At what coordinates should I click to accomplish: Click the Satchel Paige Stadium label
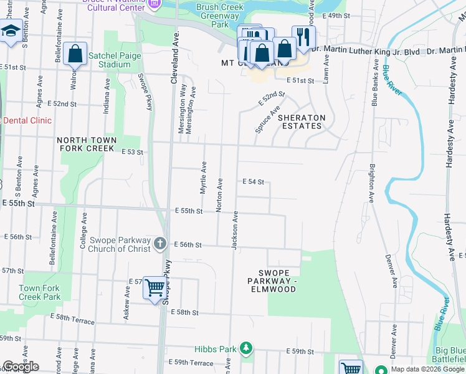coord(114,60)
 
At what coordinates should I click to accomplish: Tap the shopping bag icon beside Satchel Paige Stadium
coord(75,54)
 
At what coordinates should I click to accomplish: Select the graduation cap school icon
coord(11,31)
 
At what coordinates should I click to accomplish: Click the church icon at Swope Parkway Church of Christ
coord(159,244)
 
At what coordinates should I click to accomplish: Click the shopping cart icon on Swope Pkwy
coord(155,289)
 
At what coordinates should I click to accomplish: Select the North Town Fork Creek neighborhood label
coord(86,145)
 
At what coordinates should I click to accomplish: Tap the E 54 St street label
coord(254,182)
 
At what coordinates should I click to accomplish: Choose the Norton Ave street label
coord(219,194)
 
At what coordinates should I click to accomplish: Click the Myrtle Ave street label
coord(203,178)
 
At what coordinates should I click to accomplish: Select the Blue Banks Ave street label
coord(376,82)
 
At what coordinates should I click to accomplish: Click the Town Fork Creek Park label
coord(39,292)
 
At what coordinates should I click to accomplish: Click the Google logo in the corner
coord(21,367)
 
